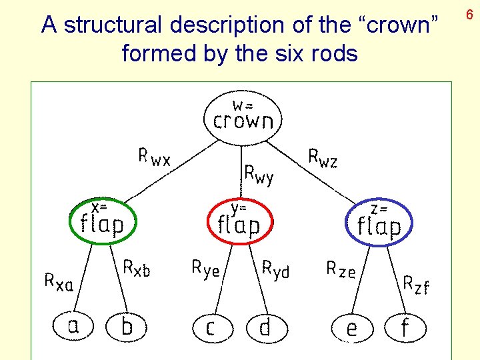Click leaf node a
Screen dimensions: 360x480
click(x=73, y=326)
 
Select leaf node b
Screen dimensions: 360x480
click(x=127, y=326)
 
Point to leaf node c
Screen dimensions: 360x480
click(x=211, y=328)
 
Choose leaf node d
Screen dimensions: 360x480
click(x=265, y=327)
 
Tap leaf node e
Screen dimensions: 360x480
click(x=351, y=328)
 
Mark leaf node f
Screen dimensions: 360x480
click(x=404, y=327)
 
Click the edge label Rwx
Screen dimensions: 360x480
click(x=154, y=158)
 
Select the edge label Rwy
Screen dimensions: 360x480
click(x=259, y=174)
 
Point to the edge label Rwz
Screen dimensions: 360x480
click(x=323, y=159)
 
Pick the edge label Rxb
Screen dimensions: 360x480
click(x=137, y=268)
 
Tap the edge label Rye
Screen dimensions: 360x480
click(x=205, y=268)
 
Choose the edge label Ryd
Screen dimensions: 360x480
click(x=275, y=269)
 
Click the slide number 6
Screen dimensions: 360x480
click(x=469, y=13)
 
